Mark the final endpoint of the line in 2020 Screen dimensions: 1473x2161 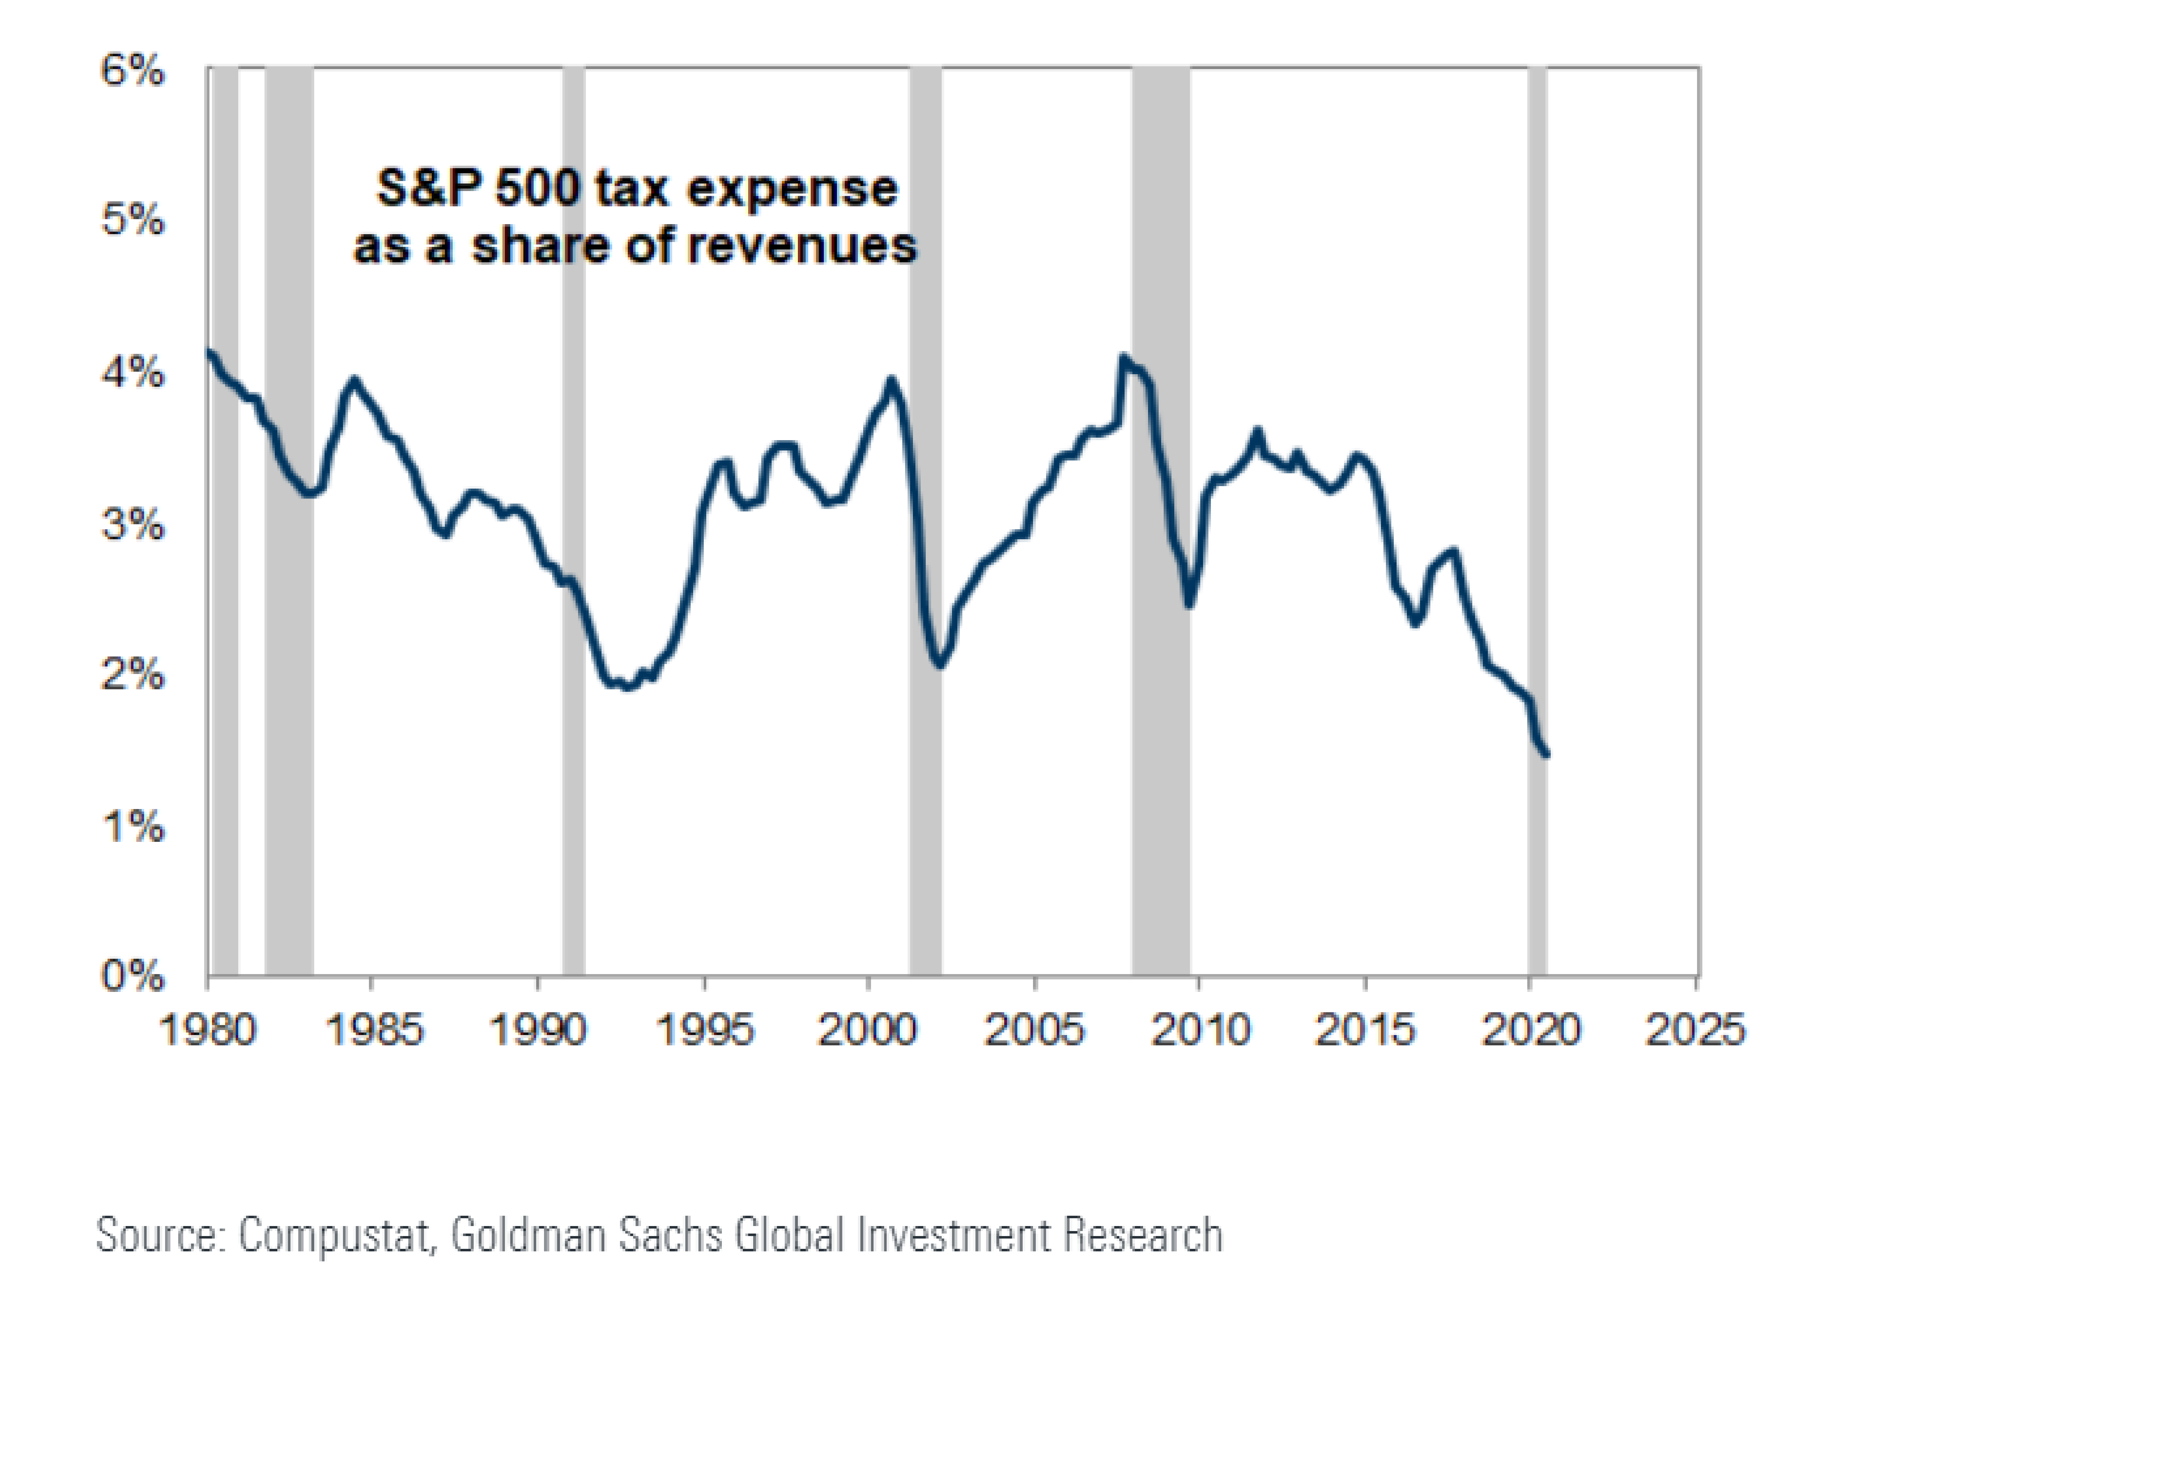click(1546, 755)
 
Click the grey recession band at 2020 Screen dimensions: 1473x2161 click(1537, 521)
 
